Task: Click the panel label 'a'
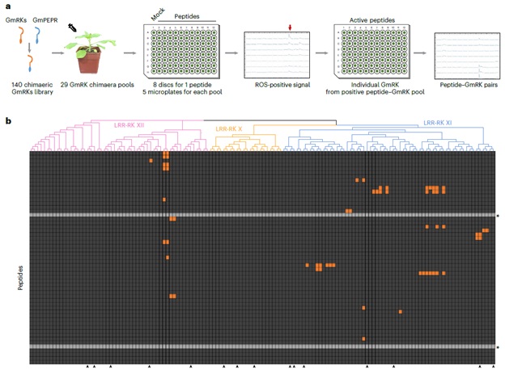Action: [8, 6]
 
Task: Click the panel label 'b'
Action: [8, 121]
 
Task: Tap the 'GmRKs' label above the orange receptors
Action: [15, 13]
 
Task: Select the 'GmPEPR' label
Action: [50, 13]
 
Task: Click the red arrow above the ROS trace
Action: [290, 30]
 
